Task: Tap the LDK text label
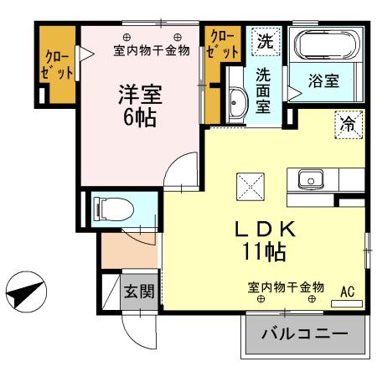[x=263, y=228]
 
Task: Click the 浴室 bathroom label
[x=323, y=81]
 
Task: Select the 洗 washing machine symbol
[x=264, y=39]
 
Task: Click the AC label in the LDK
[x=348, y=292]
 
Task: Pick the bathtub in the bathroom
[x=328, y=47]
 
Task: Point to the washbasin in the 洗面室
[x=234, y=104]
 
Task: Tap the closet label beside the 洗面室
[x=222, y=44]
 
